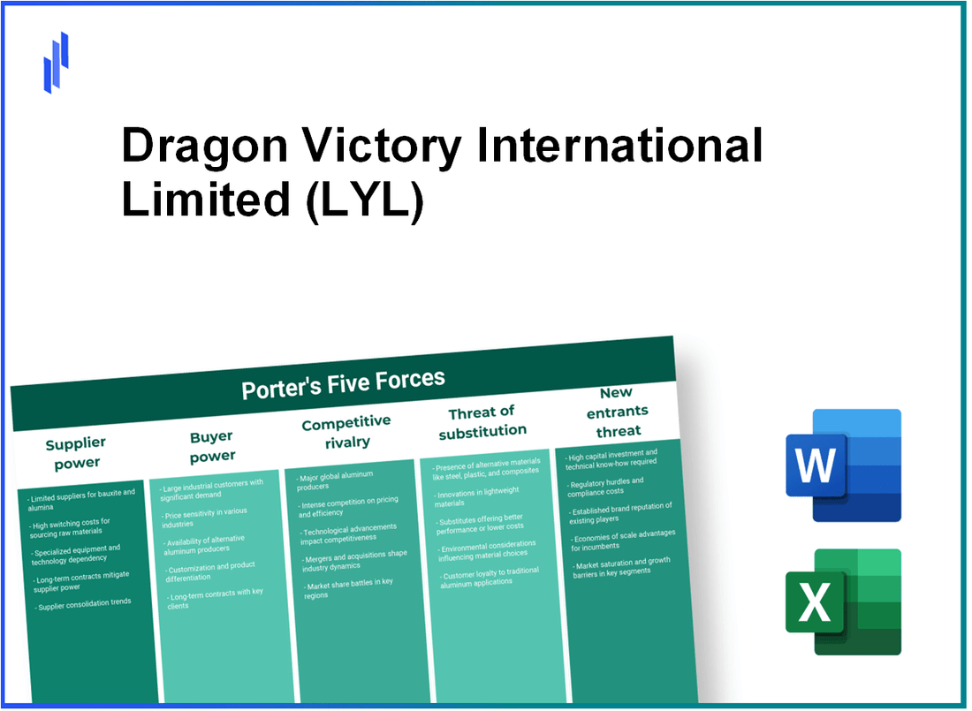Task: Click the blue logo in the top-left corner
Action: coord(56,62)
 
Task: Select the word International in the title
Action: coord(619,146)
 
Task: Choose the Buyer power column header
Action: coord(212,446)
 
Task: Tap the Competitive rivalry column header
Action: coord(346,432)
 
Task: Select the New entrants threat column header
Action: coord(618,411)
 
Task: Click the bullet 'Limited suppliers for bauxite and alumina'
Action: coord(81,499)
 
